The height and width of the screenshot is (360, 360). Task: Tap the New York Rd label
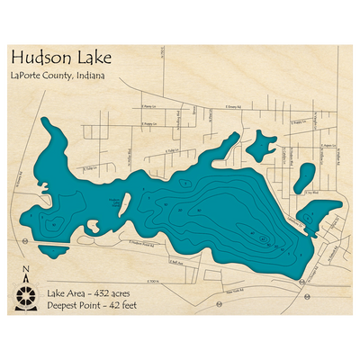[x=236, y=293]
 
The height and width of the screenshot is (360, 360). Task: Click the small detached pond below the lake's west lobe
[x=53, y=251]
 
